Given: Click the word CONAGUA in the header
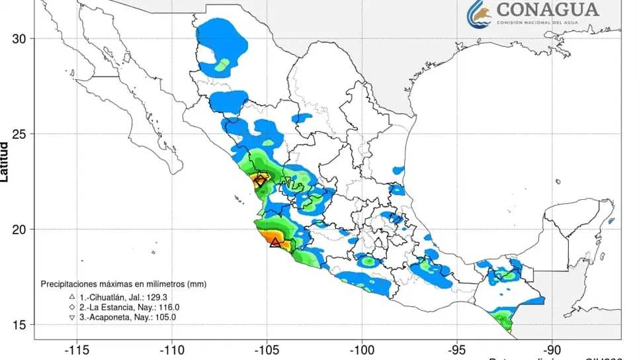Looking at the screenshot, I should (x=547, y=10).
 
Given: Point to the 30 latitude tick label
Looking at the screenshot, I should (x=20, y=39).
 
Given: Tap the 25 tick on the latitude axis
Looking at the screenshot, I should (x=20, y=134).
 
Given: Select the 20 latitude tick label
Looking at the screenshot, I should (x=20, y=230).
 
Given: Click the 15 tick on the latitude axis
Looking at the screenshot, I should (x=20, y=325).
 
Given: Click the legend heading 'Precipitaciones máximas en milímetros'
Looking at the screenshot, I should (x=124, y=283).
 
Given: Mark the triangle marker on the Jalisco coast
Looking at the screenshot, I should (x=275, y=242).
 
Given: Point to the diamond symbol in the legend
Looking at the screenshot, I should (x=71, y=307).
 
